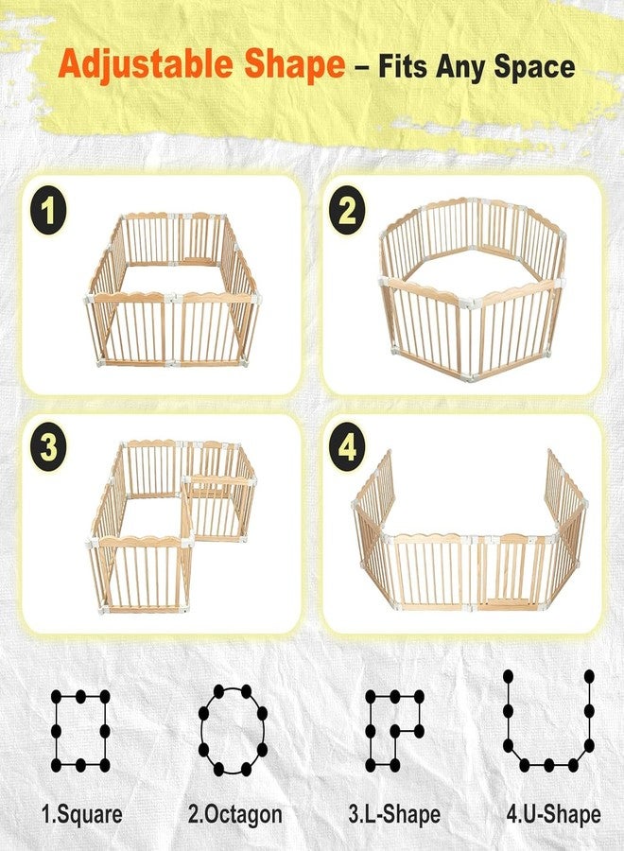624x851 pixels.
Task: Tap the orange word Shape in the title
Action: coord(294,65)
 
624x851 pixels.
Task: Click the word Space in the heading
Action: coord(534,67)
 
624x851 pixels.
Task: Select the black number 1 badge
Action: coord(48,210)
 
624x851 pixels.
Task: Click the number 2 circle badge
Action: coord(347,210)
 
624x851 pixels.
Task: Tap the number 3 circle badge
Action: coord(48,447)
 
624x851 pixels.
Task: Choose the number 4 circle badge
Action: coord(347,447)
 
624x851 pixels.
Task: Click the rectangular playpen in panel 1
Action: coord(173,289)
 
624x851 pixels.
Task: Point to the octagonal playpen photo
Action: coord(472,289)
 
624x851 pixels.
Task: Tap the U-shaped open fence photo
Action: coord(470,530)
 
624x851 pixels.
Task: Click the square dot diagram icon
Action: coord(80,731)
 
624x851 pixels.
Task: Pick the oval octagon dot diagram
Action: coord(233,730)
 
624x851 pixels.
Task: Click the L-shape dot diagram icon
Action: coord(394,731)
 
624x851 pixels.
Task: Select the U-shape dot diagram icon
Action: coord(548,721)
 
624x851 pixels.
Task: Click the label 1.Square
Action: coord(81,815)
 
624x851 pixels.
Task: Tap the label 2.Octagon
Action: coord(234,815)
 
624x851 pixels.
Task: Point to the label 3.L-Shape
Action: coord(394,815)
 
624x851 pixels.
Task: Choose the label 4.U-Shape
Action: coord(553,815)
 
